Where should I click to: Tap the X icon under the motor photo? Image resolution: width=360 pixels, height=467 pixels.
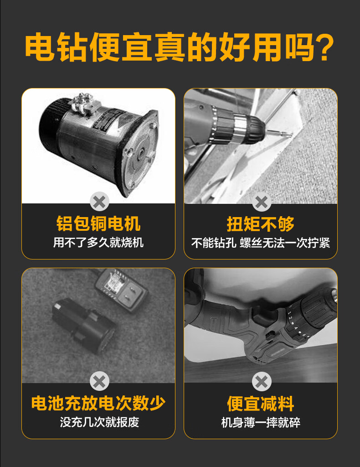click(99, 202)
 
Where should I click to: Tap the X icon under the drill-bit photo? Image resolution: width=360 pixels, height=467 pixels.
click(261, 202)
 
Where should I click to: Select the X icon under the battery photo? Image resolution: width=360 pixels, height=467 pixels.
click(99, 381)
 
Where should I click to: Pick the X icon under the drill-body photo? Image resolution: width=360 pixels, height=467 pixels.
click(261, 381)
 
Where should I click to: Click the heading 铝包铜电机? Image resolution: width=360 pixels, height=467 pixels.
click(98, 224)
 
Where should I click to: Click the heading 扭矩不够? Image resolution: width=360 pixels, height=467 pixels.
click(261, 224)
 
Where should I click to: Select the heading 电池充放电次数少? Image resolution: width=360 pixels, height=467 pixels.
click(98, 403)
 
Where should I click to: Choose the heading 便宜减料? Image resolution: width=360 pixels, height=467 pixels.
click(261, 404)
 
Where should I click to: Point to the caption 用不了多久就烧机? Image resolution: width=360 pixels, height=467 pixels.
click(98, 242)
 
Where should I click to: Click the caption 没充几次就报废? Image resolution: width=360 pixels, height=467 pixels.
click(99, 422)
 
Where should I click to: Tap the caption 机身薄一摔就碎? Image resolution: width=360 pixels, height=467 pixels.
click(261, 422)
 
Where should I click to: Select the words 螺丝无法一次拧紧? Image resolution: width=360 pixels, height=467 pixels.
click(285, 243)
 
